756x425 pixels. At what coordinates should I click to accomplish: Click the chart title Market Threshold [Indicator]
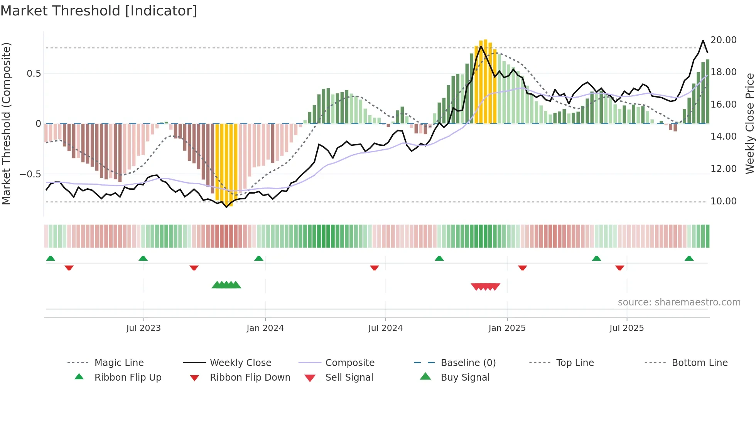99,11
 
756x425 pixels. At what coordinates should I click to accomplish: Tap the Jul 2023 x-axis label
143,328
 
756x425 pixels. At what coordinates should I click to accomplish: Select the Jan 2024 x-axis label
265,328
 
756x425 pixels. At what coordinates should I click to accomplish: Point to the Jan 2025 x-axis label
507,328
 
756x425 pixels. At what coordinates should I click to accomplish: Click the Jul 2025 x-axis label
626,328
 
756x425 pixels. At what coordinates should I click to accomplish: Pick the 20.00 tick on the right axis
723,40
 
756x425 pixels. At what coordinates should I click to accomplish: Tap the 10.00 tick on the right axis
723,201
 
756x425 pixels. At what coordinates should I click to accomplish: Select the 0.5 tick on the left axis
34,74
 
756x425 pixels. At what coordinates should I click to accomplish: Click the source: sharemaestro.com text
679,302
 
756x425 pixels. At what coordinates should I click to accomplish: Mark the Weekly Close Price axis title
749,123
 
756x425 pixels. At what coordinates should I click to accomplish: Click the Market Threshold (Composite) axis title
6,123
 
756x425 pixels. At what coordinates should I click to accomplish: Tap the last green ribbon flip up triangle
689,258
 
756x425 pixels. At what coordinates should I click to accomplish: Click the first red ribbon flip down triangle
69,268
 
